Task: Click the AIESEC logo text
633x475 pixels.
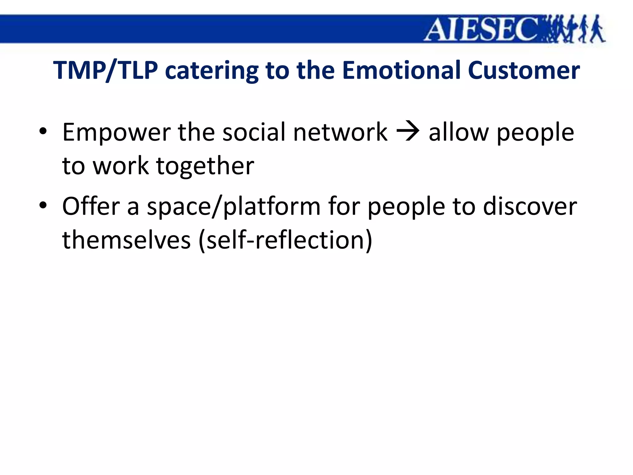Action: tap(482, 29)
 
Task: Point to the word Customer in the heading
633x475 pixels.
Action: tap(524, 71)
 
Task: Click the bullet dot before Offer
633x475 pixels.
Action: tap(43, 205)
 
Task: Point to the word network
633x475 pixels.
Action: tap(340, 132)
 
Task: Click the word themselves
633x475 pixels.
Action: tap(126, 240)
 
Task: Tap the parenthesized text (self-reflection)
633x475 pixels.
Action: tap(285, 240)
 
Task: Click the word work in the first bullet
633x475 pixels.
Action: tap(121, 166)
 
